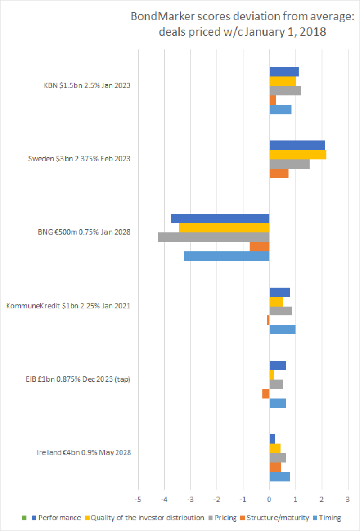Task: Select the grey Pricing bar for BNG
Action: pyautogui.click(x=214, y=237)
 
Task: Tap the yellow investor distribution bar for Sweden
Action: pyautogui.click(x=298, y=154)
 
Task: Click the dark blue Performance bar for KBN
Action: pyautogui.click(x=284, y=72)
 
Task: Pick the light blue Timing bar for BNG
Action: pyautogui.click(x=226, y=256)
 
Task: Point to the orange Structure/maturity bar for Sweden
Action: pyautogui.click(x=279, y=173)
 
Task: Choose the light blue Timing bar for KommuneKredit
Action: pyautogui.click(x=283, y=329)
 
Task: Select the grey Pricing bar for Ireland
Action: pyautogui.click(x=278, y=457)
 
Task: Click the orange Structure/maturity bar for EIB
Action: pyautogui.click(x=266, y=393)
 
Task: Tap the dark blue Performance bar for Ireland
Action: pyautogui.click(x=272, y=438)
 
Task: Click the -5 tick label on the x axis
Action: pyautogui.click(x=138, y=500)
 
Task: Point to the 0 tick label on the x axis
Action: pyautogui.click(x=269, y=500)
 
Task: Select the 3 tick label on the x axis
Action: pyautogui.click(x=348, y=500)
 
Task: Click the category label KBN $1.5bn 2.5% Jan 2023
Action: pyautogui.click(x=84, y=85)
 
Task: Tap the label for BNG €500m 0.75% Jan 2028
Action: pyautogui.click(x=84, y=232)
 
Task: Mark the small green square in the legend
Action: pyautogui.click(x=24, y=518)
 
